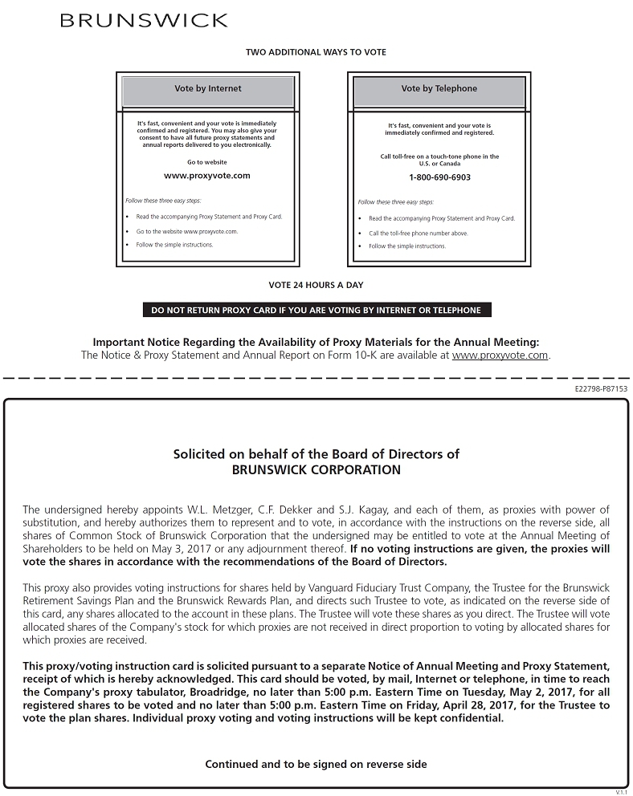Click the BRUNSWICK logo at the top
144,20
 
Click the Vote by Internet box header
208,89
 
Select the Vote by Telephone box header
439,89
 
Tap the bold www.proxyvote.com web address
207,175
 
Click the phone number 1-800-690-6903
439,177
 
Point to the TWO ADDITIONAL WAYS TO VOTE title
316,52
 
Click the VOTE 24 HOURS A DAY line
316,285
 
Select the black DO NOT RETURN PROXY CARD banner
316,310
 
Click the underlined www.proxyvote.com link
500,355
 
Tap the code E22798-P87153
601,388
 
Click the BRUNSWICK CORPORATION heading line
316,470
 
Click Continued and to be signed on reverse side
316,764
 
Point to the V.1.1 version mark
621,792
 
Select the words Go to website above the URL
207,162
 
